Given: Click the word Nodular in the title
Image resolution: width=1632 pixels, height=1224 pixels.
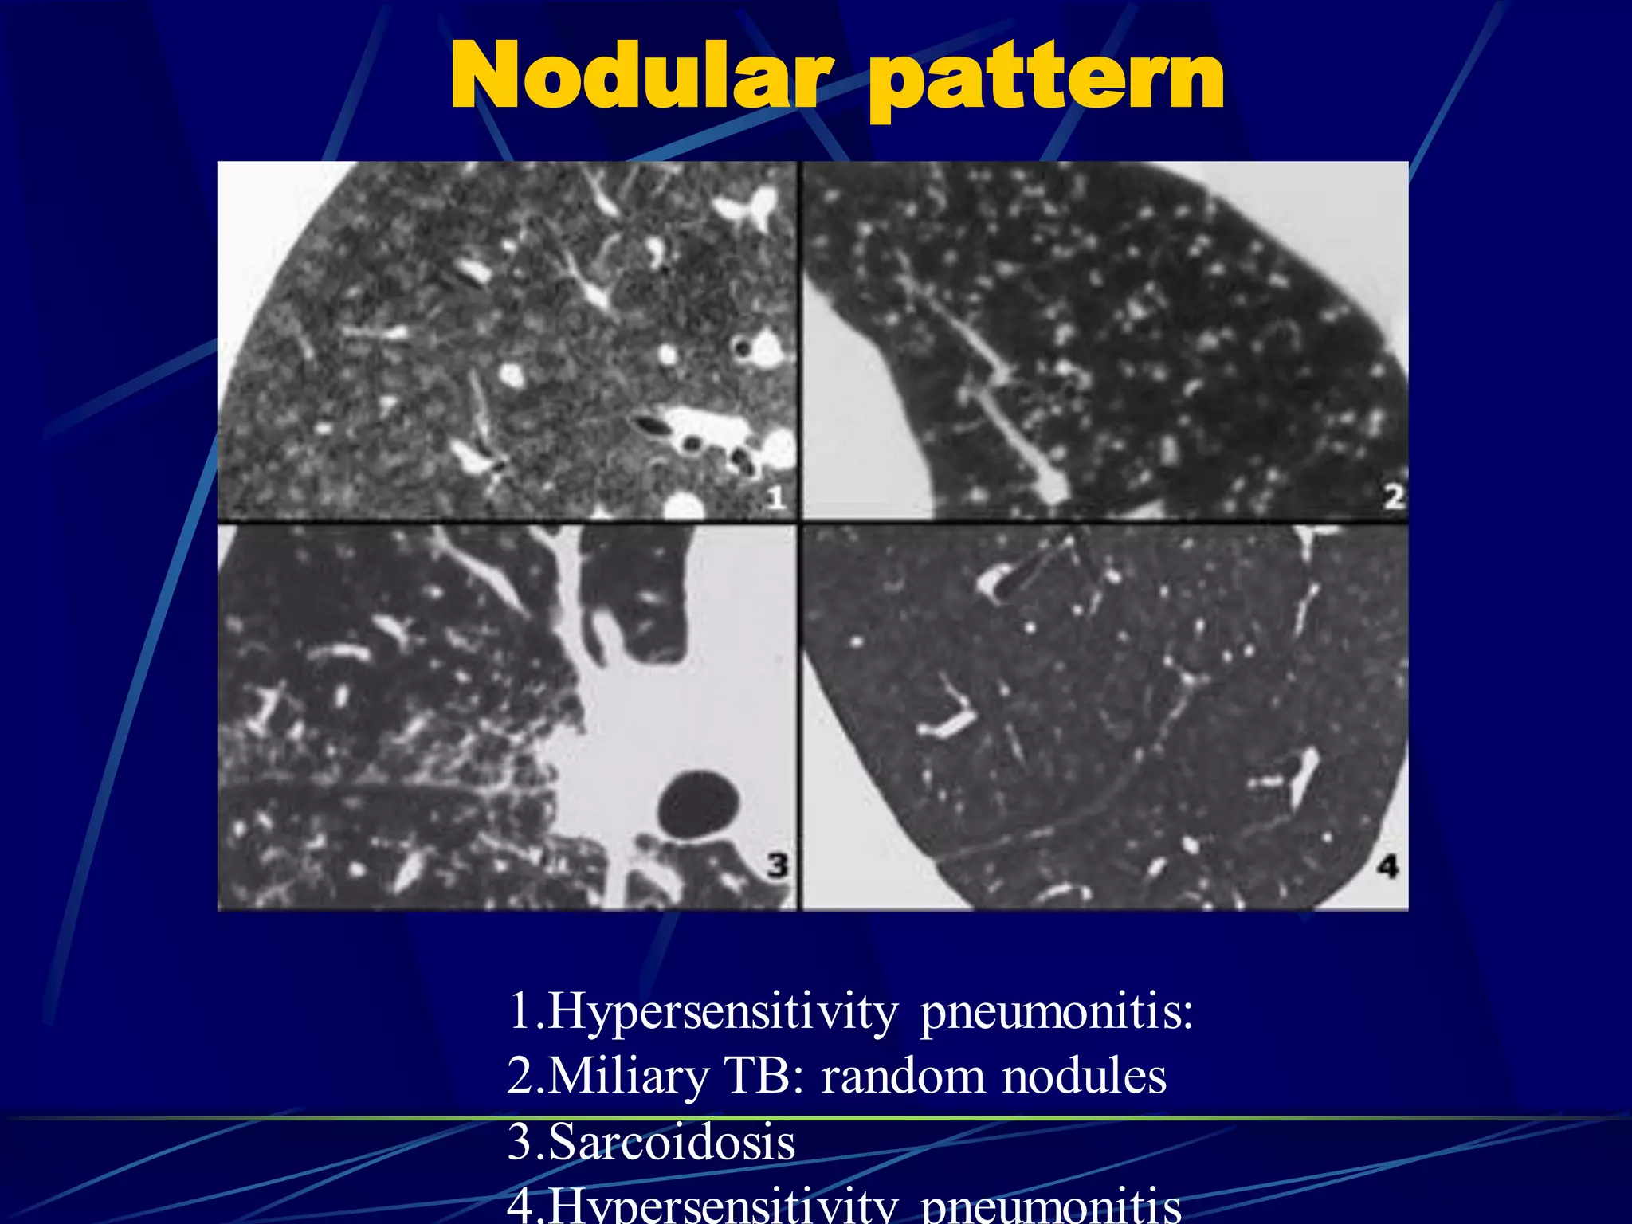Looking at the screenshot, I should pos(637,76).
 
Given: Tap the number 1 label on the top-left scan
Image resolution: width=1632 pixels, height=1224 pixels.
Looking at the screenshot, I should pos(775,497).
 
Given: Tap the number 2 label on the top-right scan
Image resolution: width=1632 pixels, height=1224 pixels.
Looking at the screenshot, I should pos(1392,496).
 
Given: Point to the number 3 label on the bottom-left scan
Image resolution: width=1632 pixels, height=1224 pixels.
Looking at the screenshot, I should pos(777,865).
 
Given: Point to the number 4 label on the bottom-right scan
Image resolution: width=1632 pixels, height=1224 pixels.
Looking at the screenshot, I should pos(1387,865).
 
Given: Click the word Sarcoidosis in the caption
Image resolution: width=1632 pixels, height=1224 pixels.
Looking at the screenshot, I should pos(672,1141).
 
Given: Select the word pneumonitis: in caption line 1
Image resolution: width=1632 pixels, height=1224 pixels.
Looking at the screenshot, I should pos(1057,1013).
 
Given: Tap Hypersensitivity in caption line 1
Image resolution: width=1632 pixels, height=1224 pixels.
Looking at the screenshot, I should pos(723,1013).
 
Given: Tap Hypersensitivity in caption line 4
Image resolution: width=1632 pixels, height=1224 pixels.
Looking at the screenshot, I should pos(723,1205).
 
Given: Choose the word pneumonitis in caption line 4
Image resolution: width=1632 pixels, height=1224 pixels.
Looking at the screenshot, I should pos(1050,1205).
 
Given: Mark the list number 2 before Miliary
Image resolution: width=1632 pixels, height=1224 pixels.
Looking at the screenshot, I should pos(520,1076).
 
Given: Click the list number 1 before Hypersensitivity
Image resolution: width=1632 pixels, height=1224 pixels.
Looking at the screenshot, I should pos(520,1011).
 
